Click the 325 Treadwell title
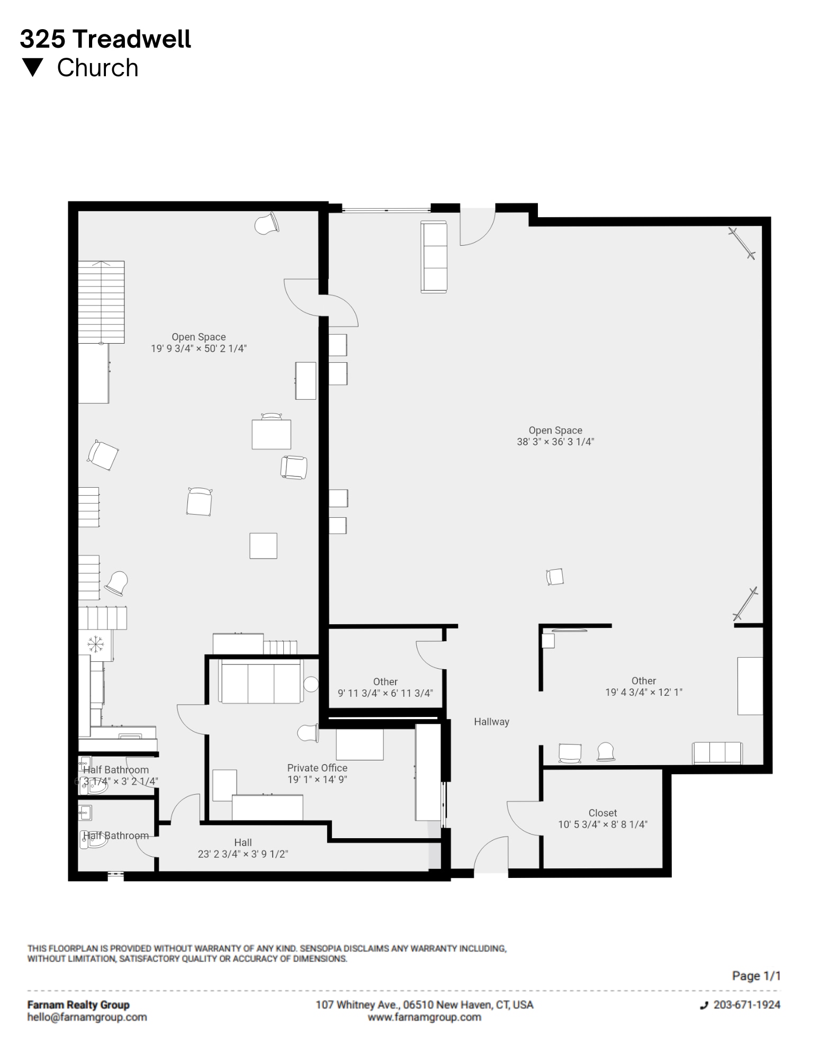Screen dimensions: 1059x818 [x=105, y=39]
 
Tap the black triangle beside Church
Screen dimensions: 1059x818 [x=33, y=67]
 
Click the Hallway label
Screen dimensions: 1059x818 [x=491, y=722]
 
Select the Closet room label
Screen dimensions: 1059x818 [x=603, y=813]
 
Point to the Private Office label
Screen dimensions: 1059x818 [x=317, y=768]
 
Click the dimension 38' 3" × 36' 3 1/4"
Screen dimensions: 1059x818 [x=555, y=442]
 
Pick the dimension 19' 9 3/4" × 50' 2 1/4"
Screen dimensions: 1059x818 [x=199, y=348]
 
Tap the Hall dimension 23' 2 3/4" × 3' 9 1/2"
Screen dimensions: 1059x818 [x=243, y=854]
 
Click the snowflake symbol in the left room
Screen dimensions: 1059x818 [x=95, y=644]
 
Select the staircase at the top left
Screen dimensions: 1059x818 [x=101, y=302]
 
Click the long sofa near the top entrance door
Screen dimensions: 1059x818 [x=434, y=256]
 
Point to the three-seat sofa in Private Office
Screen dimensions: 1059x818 [x=262, y=681]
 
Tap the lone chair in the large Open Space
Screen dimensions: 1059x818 [x=555, y=577]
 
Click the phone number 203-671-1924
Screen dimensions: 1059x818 [x=747, y=1004]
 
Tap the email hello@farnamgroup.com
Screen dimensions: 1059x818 [x=87, y=1017]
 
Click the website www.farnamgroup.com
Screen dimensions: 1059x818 [x=424, y=1017]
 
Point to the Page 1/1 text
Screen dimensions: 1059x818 [x=756, y=975]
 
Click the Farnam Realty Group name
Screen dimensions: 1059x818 [x=78, y=1004]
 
